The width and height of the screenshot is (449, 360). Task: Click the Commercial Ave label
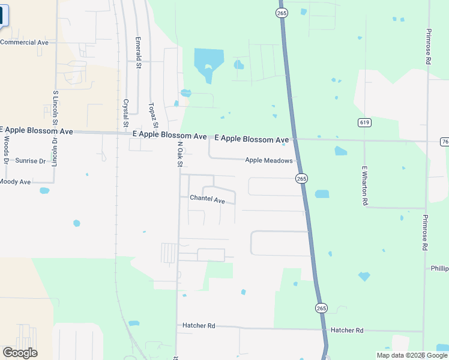tap(24, 43)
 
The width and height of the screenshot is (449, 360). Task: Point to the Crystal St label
tap(126, 113)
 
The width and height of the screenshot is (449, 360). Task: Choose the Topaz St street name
tap(152, 116)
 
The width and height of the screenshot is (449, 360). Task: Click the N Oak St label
tap(179, 154)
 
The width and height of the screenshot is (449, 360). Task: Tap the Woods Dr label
tap(6, 149)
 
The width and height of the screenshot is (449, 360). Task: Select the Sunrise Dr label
tap(31, 161)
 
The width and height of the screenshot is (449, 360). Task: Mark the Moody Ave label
tap(15, 181)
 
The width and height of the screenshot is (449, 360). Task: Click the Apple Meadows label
tap(268, 160)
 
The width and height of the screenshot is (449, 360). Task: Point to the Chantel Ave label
tap(207, 199)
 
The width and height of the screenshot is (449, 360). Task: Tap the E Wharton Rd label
tap(364, 186)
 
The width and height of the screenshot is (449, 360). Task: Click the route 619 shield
tap(364, 122)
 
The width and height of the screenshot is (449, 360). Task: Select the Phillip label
tap(439, 268)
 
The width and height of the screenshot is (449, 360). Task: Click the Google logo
tap(20, 353)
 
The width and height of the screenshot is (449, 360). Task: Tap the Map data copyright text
tap(412, 355)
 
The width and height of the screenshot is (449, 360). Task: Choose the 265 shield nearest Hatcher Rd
tap(321, 308)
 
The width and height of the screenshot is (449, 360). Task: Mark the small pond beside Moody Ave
tap(44, 191)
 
